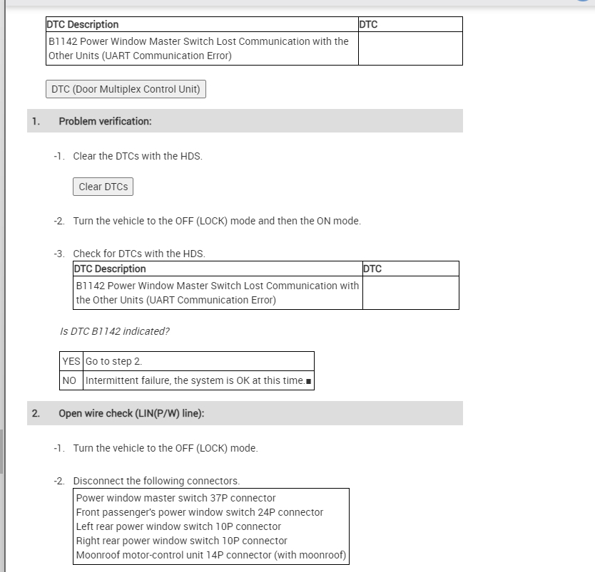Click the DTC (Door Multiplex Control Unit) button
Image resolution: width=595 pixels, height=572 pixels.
click(126, 89)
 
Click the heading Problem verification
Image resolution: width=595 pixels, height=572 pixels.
click(105, 121)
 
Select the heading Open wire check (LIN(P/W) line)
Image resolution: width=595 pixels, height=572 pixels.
click(131, 413)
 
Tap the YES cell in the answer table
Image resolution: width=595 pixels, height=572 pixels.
click(71, 361)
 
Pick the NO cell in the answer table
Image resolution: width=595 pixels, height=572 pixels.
click(69, 380)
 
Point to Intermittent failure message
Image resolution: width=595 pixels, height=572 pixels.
click(195, 380)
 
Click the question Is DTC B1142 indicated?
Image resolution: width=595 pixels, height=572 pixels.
click(115, 331)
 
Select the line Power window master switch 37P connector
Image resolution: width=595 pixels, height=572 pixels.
click(176, 498)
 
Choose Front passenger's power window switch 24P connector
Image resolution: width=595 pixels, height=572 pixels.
click(200, 512)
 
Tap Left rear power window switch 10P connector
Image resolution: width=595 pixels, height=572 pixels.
click(178, 526)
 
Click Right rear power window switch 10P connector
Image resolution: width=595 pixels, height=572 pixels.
click(181, 541)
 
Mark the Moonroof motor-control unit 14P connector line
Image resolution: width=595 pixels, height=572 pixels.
click(210, 555)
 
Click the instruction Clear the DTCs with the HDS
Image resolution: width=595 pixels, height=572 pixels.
click(138, 156)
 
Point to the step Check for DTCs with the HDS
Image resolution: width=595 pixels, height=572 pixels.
click(139, 254)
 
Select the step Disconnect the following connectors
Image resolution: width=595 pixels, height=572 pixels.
click(156, 481)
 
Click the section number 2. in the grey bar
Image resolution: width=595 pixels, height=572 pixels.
click(36, 413)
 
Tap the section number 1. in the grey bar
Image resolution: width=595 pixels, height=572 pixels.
click(36, 121)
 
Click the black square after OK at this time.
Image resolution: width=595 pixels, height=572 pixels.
click(308, 381)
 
